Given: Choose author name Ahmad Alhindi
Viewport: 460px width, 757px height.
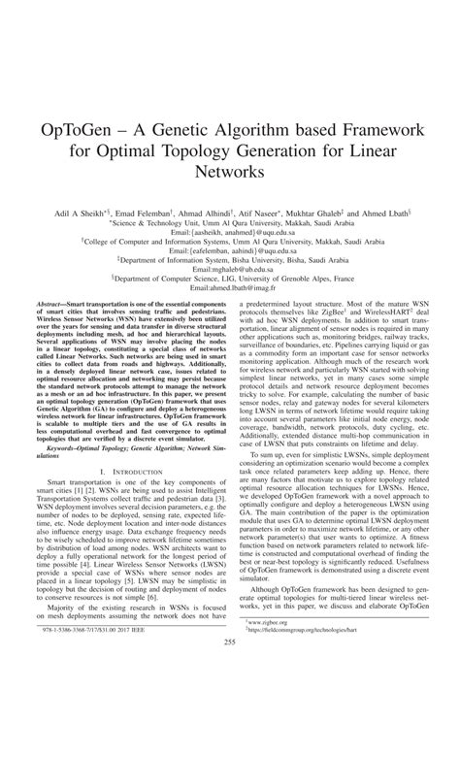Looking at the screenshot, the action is tap(207, 212).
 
